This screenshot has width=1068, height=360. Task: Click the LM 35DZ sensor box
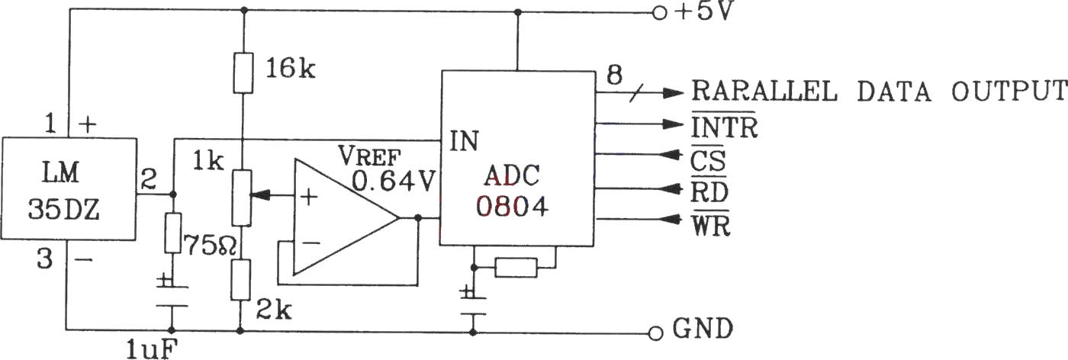point(69,189)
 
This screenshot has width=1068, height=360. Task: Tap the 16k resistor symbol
point(243,72)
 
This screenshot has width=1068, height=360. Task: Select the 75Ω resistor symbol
point(172,233)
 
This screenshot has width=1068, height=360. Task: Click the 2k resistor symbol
point(241,280)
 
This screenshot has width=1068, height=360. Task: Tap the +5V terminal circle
point(659,14)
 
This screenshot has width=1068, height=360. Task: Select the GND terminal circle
point(656,333)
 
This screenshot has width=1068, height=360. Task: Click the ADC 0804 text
point(512,191)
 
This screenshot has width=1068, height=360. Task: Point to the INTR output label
point(724,127)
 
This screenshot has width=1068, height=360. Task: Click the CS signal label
point(708,160)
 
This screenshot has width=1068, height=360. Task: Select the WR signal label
point(710,224)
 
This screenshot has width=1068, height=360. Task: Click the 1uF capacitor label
point(152,350)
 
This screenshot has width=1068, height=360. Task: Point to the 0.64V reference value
point(394,182)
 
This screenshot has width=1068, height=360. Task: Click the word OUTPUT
point(1009,91)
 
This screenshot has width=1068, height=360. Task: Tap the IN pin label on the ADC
point(464,141)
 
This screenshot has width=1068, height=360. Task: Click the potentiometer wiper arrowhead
point(260,194)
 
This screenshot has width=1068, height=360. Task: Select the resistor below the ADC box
point(516,268)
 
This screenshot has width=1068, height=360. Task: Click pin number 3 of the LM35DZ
point(44,259)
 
